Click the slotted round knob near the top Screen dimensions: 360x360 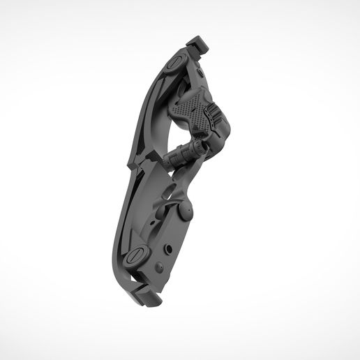(x=174, y=62)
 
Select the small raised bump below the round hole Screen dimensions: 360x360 (x=159, y=266)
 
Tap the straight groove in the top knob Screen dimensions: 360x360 (x=174, y=62)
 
